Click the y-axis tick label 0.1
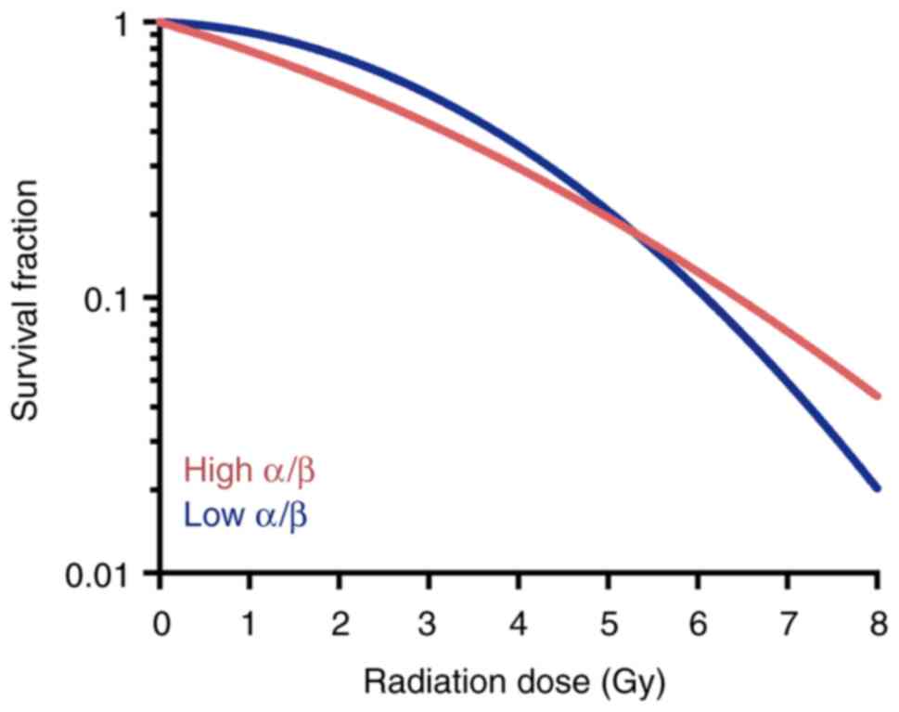[111, 299]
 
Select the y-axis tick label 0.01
[100, 575]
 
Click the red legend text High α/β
[250, 471]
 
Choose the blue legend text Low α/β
[246, 514]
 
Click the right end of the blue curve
[877, 487]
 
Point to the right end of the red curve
[877, 395]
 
